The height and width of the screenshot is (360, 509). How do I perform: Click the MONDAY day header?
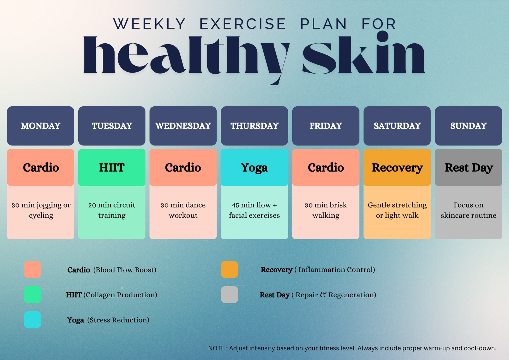click(x=40, y=126)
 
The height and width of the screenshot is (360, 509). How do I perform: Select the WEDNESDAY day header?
click(x=183, y=126)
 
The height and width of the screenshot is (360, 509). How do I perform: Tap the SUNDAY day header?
click(x=468, y=126)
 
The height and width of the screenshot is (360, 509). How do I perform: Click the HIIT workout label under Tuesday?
click(x=112, y=168)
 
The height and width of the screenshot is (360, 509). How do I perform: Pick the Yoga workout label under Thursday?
click(x=254, y=168)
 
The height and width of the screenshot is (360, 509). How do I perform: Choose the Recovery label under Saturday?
click(x=397, y=168)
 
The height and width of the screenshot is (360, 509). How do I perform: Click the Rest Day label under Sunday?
click(x=469, y=168)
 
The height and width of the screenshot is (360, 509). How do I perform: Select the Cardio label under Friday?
click(x=326, y=168)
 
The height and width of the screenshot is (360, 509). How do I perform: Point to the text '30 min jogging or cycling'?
click(x=41, y=210)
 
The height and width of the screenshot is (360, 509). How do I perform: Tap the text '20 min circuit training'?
click(x=112, y=210)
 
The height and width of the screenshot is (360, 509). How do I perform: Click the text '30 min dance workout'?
click(x=183, y=210)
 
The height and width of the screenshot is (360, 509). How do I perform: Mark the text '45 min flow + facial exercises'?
click(x=254, y=210)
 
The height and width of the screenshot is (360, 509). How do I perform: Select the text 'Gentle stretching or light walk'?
click(x=397, y=210)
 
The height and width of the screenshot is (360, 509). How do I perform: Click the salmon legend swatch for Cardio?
click(x=32, y=270)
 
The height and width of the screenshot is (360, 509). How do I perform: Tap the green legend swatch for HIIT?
click(x=32, y=295)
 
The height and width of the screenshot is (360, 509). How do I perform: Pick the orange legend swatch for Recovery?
click(x=229, y=270)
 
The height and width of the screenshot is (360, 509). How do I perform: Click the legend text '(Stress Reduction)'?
click(x=118, y=320)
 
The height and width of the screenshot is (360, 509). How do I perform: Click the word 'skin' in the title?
click(x=364, y=54)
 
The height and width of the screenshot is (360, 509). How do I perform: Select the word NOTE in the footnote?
click(x=216, y=348)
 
